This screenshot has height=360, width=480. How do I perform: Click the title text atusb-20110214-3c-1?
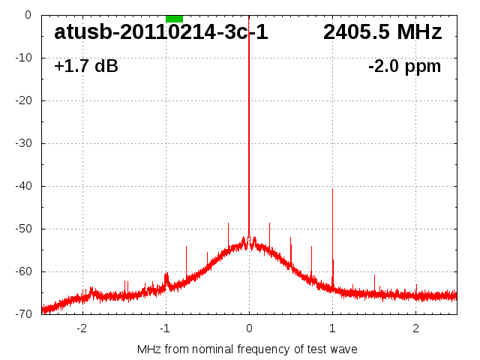pos(160,33)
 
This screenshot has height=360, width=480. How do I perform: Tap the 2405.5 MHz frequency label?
pos(382,33)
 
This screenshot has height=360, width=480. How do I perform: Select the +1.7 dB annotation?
pos(86,67)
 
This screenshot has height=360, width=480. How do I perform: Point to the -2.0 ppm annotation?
pos(404,67)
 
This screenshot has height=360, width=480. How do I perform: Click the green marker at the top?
pos(174,18)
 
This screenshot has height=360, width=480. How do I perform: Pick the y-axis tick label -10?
pos(25,58)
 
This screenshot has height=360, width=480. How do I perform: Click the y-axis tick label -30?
pos(25,143)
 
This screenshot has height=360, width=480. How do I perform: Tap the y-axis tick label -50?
pos(25,229)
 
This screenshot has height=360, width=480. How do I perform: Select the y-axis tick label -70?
pos(25,314)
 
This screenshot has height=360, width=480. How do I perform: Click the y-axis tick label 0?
pos(28,15)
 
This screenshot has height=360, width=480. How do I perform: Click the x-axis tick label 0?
pos(249,328)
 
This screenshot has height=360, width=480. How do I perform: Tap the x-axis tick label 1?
pos(332,328)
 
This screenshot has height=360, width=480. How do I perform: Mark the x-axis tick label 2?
pos(415,328)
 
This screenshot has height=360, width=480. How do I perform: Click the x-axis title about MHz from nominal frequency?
pos(247,349)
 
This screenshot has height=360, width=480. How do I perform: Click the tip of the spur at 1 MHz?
pos(332,189)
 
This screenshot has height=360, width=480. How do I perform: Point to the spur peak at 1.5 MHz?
pos(374,275)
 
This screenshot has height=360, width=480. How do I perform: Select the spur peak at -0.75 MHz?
pos(187,246)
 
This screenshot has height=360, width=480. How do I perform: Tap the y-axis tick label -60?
pos(25,271)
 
